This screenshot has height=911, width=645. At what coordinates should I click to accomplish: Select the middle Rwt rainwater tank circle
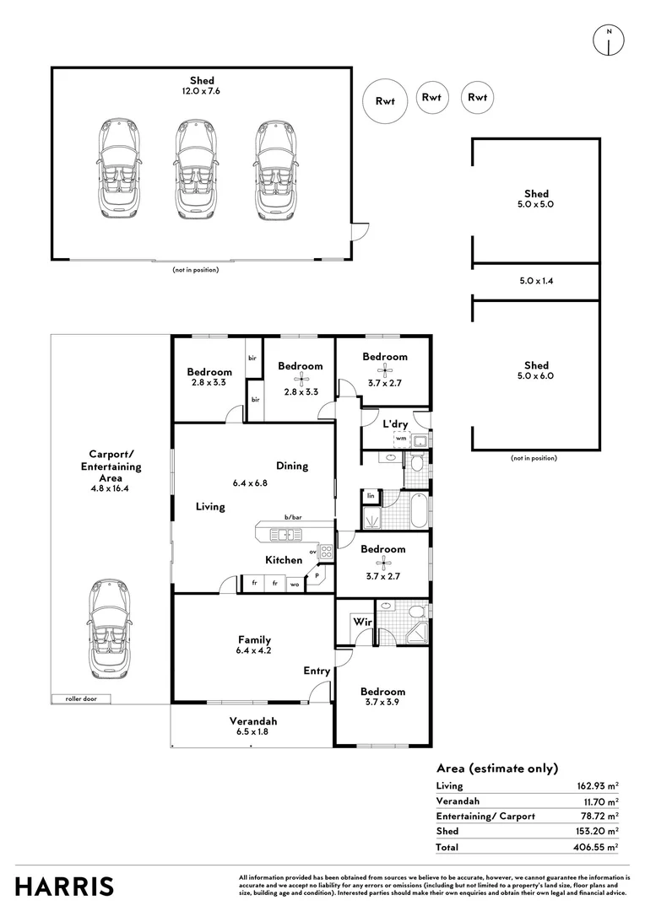tap(431, 98)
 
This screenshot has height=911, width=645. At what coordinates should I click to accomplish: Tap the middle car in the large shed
tap(195, 170)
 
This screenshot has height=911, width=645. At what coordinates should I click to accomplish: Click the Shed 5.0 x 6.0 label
tap(536, 370)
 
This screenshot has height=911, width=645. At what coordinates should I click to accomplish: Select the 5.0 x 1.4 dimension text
tap(536, 282)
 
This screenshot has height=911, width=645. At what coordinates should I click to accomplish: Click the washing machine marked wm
tap(401, 439)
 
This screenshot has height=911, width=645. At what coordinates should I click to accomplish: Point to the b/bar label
tap(293, 517)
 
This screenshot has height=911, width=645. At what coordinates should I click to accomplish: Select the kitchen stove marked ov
tap(325, 553)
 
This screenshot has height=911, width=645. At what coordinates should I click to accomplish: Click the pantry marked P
tap(317, 577)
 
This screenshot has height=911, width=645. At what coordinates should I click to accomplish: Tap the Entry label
tap(317, 671)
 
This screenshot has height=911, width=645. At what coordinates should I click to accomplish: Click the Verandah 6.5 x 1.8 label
tap(253, 726)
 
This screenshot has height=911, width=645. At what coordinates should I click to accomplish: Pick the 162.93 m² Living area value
tap(596, 785)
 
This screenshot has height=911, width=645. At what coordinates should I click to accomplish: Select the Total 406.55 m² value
tap(596, 846)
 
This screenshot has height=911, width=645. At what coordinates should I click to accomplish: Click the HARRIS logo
tap(64, 887)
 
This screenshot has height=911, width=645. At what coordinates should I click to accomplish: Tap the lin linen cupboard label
tap(370, 495)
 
